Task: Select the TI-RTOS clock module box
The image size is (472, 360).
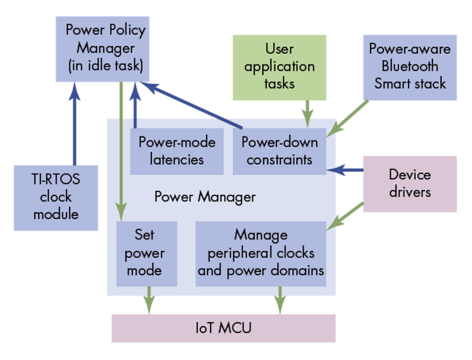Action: [55, 198]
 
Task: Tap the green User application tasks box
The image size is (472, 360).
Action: [279, 67]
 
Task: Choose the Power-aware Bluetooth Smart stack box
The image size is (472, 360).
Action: [409, 67]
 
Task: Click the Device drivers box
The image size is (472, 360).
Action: [409, 184]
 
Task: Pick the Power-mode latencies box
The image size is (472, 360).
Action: [177, 151]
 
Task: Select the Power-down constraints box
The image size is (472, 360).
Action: [279, 151]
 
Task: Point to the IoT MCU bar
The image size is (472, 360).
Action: [223, 328]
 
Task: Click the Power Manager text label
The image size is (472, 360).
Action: [205, 197]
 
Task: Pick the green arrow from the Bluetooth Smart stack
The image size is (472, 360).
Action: [351, 117]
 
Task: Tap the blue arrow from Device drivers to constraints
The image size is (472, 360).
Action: [345, 170]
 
